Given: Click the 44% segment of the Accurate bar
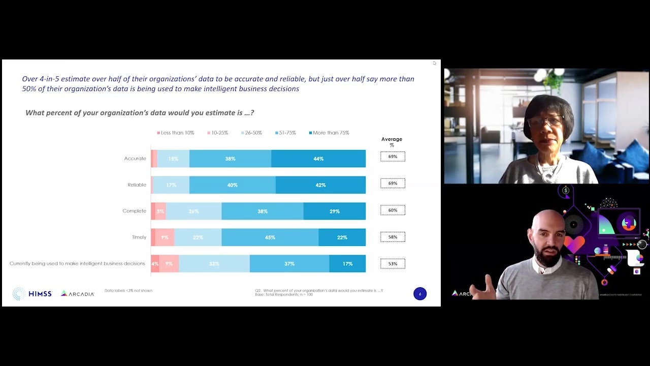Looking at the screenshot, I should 318,159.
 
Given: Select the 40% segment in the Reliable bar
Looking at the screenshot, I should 232,185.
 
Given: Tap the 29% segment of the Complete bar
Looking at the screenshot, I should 334,211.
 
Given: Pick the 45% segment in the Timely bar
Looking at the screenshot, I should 270,237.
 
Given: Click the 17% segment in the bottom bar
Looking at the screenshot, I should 347,264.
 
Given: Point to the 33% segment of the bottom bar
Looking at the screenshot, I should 214,264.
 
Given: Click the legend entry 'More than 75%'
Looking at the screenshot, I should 329,133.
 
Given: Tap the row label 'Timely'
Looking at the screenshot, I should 139,237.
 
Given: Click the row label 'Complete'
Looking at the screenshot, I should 134,211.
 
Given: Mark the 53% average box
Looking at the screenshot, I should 393,264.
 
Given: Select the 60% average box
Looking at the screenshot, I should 393,210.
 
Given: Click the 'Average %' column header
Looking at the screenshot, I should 392,142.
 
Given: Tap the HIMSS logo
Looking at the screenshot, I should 32,293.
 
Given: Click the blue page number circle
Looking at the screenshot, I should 420,294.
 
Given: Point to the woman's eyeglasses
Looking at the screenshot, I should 546,121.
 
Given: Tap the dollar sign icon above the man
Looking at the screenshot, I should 566,191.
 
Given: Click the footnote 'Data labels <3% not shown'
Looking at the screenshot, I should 128,291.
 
